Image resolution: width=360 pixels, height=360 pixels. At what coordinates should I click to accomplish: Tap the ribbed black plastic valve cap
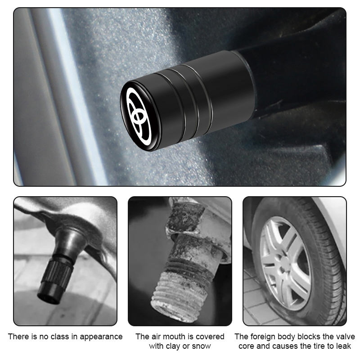56,279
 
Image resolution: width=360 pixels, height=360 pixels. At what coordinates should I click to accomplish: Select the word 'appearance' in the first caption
101,337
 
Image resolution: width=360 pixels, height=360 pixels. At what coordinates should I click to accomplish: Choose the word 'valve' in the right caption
344,337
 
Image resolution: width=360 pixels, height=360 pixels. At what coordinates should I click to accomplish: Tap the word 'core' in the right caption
246,346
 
